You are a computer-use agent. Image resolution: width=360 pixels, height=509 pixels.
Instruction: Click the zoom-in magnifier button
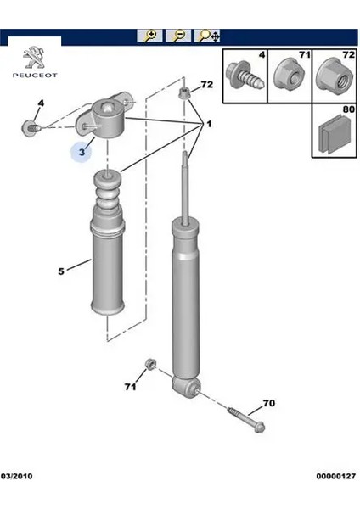(149, 36)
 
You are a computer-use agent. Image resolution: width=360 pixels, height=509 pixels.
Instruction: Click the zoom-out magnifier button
(178, 36)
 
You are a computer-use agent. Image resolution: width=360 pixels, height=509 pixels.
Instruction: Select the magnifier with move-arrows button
(207, 36)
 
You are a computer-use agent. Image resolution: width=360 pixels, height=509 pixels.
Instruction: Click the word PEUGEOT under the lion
(35, 76)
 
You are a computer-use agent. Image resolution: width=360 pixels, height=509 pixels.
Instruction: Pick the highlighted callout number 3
(82, 152)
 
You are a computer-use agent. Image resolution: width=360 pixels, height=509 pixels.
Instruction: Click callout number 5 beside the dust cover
(61, 271)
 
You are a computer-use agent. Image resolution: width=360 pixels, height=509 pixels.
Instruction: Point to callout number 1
(209, 124)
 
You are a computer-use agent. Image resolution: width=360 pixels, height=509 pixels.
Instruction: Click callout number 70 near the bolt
(268, 403)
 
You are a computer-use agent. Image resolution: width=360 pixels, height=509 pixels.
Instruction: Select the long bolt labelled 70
(246, 419)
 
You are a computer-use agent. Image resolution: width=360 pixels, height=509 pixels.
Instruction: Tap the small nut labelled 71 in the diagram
(150, 364)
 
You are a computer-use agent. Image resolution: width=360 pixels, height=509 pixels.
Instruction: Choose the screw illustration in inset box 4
(245, 76)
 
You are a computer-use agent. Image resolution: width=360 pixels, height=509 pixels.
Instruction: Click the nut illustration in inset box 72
(335, 76)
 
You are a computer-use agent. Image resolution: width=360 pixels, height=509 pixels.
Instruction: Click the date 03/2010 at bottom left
(16, 476)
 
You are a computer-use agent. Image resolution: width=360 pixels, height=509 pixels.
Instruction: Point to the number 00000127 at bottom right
(336, 476)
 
